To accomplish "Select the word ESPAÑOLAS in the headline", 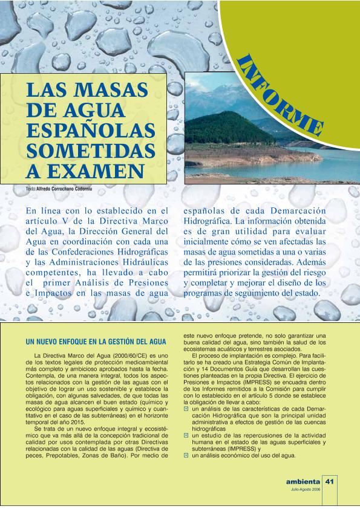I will tap(87, 129).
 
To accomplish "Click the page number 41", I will tap(330, 482).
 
